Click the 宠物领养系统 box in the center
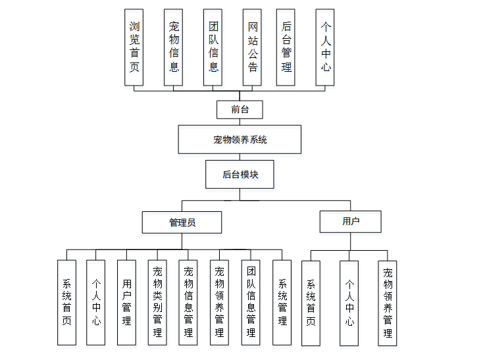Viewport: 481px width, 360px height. [240, 140]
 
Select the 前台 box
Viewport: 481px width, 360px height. [240, 109]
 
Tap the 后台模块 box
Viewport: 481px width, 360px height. [240, 175]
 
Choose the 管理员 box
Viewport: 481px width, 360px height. [182, 222]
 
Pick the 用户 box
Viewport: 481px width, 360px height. [350, 221]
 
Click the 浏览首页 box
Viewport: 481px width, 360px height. [134, 47]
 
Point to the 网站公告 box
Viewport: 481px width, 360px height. [253, 47]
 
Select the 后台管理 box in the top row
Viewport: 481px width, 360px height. [286, 47]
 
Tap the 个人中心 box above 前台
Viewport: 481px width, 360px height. [325, 47]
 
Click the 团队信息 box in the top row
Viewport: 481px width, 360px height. [213, 47]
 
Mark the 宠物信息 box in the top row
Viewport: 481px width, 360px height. [174, 47]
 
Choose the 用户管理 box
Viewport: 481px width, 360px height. [126, 303]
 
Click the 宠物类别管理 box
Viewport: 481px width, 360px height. [157, 303]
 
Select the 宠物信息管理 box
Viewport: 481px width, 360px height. [188, 303]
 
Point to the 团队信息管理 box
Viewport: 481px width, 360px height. [251, 303]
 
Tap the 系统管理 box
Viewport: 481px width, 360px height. [282, 303]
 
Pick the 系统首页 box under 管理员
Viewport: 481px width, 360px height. [66, 303]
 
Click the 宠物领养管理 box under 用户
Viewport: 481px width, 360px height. [388, 303]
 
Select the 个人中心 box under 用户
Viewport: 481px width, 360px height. [349, 303]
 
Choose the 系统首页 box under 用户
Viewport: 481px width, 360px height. [311, 303]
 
